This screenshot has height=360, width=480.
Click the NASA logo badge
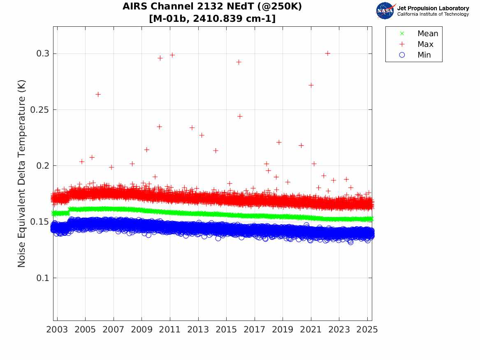[x=385, y=11]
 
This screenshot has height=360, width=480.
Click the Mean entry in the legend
[x=428, y=34]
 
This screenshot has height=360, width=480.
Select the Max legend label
[x=425, y=44]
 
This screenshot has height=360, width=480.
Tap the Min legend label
[x=424, y=55]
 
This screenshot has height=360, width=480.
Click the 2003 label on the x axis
[x=57, y=330]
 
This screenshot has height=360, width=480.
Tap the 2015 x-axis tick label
[x=226, y=330]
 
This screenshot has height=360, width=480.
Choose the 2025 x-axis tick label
[x=367, y=330]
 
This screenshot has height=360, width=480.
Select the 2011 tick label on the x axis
[x=170, y=330]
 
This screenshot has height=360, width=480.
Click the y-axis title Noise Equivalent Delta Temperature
[x=22, y=174]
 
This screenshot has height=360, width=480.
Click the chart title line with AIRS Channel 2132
[x=212, y=7]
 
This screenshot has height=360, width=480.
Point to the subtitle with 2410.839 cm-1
[x=212, y=19]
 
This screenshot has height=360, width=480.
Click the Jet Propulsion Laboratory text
[x=433, y=8]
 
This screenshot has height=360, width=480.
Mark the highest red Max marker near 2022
[x=327, y=53]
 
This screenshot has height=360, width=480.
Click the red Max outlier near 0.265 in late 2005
[x=98, y=94]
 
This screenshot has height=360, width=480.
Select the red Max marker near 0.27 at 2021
[x=311, y=85]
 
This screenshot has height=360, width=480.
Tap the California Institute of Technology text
[x=433, y=14]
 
